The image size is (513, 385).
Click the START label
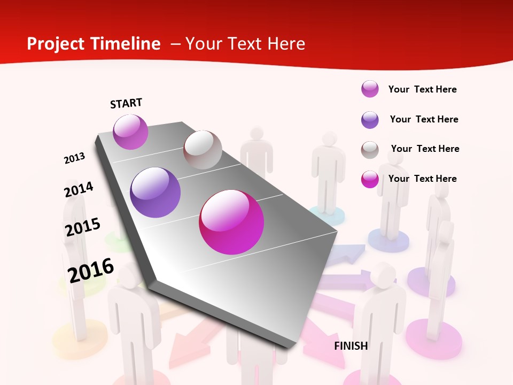pyautogui.click(x=126, y=103)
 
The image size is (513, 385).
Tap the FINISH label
pyautogui.click(x=351, y=346)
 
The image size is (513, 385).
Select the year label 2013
pyautogui.click(x=74, y=158)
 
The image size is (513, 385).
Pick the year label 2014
pyautogui.click(x=79, y=189)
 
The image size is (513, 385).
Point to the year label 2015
pyautogui.click(x=83, y=227)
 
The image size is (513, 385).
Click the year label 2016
pyautogui.click(x=91, y=270)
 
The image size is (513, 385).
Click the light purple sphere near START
pyautogui.click(x=130, y=132)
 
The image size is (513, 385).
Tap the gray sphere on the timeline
pyautogui.click(x=203, y=150)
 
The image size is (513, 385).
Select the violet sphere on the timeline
pyautogui.click(x=156, y=192)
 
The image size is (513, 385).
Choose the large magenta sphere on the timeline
pyautogui.click(x=231, y=222)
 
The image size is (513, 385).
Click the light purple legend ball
pyautogui.click(x=370, y=89)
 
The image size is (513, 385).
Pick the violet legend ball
pyautogui.click(x=370, y=120)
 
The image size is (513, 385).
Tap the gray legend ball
pyautogui.click(x=370, y=150)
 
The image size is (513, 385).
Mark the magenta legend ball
pyautogui.click(x=370, y=179)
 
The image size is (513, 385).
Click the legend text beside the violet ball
pyautogui.click(x=424, y=119)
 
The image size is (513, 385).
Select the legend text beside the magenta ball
pyautogui.click(x=422, y=179)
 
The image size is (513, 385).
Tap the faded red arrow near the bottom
pyautogui.click(x=184, y=348)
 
